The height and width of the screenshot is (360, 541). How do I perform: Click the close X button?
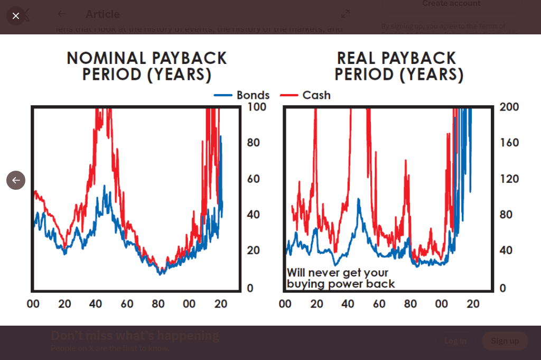point(16,16)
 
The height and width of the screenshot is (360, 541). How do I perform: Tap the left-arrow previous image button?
point(16,180)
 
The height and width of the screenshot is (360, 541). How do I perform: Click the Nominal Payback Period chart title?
point(147,66)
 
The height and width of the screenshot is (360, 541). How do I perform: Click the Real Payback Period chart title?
point(399,66)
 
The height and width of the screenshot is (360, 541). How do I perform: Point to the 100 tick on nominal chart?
point(257,107)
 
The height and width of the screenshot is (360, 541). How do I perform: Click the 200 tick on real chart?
point(509,107)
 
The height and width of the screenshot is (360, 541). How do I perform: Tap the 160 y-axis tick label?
point(509,143)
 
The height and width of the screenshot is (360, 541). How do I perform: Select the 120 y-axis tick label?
point(509,179)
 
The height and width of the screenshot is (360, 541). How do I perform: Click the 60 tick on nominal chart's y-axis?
point(254,179)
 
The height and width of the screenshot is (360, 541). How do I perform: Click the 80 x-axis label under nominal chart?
point(158,304)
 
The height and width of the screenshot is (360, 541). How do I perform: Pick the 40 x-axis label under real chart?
point(348,304)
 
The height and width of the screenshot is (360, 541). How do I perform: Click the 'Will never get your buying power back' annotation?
point(341,279)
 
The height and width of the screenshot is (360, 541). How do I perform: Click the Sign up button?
point(505,341)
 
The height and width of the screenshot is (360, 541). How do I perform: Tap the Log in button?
point(455,341)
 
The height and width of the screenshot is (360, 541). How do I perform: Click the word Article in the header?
point(102,14)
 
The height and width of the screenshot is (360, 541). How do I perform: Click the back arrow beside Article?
point(62,14)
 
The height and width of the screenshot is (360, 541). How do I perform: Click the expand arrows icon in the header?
point(346,14)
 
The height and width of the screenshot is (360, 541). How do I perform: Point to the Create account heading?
point(451,4)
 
